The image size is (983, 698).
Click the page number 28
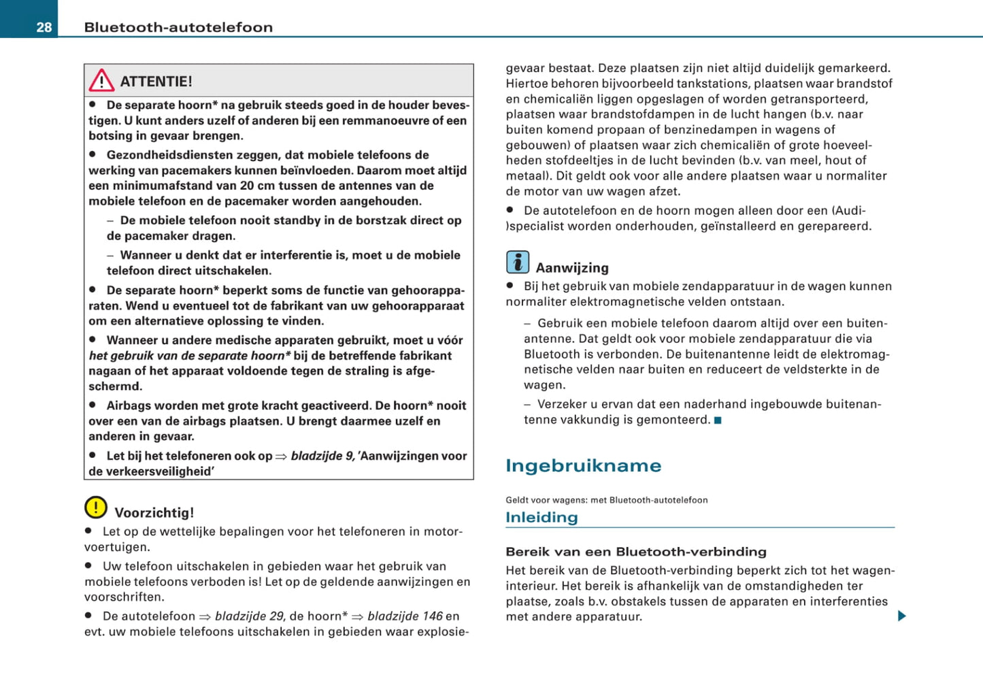click(44, 27)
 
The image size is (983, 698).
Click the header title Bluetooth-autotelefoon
click(178, 27)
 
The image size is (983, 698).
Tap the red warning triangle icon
click(101, 81)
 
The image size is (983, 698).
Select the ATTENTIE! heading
click(156, 82)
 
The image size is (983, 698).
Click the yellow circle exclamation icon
click(96, 508)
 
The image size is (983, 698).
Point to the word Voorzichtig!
click(154, 513)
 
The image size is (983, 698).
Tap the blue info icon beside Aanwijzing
click(518, 262)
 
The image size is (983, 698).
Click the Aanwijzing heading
click(572, 268)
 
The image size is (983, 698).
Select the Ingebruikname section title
click(583, 466)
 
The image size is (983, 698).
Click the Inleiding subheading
click(542, 518)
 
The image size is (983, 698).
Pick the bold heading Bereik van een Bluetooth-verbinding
click(635, 552)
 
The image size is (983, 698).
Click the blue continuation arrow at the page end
click(902, 616)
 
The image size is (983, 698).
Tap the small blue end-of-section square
click(718, 420)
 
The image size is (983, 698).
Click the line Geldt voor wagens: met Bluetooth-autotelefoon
click(606, 500)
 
